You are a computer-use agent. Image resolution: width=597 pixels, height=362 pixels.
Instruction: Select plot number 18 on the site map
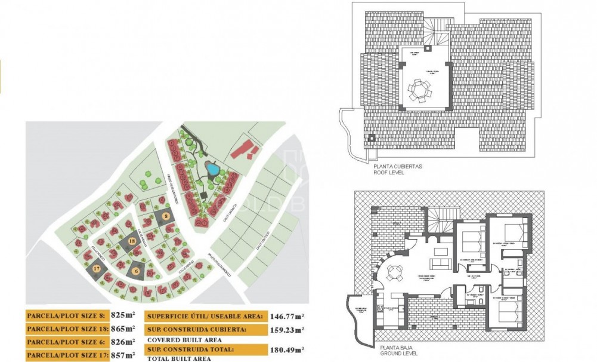132,241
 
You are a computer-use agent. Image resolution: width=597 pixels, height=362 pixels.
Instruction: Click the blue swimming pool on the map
211,170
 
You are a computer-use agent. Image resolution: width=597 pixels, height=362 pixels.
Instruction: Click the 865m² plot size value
124,329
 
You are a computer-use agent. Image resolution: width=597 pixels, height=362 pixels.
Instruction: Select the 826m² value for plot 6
124,342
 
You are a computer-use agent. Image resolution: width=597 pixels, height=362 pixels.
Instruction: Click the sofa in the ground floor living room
440,264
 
